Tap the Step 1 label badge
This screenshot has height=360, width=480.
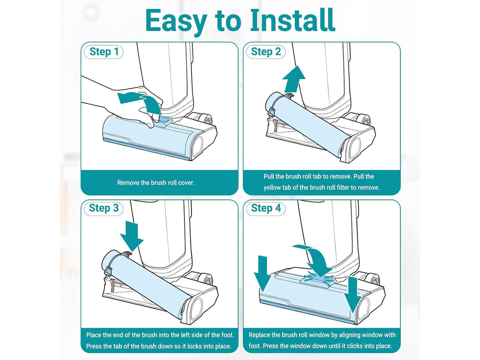click(104, 52)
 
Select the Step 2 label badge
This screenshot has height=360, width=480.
click(266, 52)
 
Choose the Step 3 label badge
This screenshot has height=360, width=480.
click(104, 208)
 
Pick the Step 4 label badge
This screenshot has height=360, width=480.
click(266, 208)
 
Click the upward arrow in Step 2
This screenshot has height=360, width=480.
click(294, 79)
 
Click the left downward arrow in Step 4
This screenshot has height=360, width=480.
click(263, 274)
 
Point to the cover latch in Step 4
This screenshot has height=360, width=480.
click(318, 280)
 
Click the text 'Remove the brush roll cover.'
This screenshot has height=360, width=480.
click(156, 183)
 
